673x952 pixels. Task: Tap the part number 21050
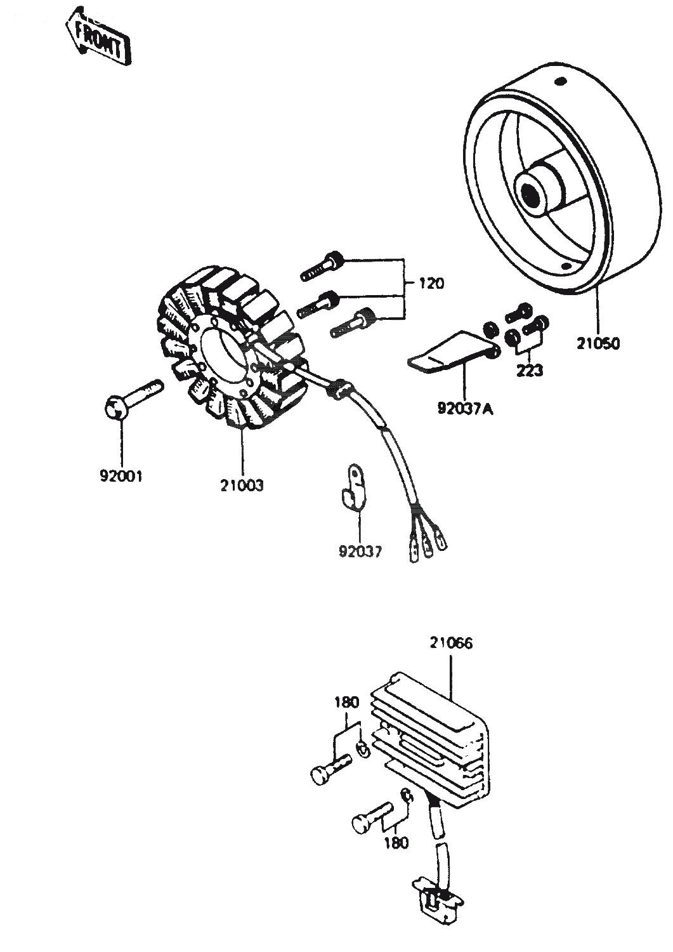(598, 343)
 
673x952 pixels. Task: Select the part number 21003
(242, 485)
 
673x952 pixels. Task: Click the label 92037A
(466, 410)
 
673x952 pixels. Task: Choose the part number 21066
(451, 655)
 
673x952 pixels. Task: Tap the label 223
(530, 371)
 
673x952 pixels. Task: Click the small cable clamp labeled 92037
(353, 487)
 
